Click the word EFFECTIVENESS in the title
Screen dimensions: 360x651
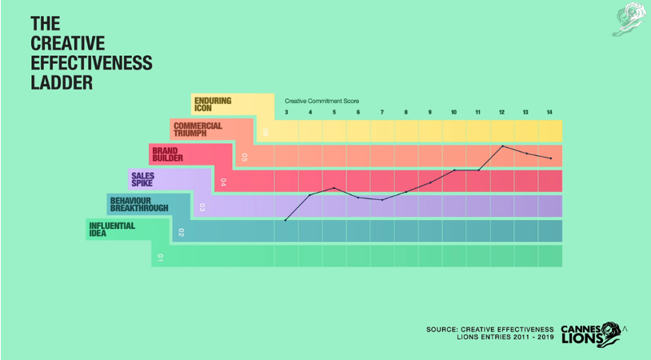pos(90,62)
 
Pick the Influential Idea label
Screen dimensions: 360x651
pos(111,230)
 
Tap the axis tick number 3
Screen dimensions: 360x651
pos(286,113)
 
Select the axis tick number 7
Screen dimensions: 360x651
pos(382,113)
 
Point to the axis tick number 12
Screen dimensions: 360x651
pos(502,113)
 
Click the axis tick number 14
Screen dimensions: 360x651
pos(550,113)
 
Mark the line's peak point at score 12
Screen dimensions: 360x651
pos(502,146)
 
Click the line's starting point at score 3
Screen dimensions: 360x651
pos(286,220)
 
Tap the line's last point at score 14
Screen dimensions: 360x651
pos(550,158)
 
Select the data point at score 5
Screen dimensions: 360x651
pos(334,188)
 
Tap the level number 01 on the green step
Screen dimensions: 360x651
pos(160,258)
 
